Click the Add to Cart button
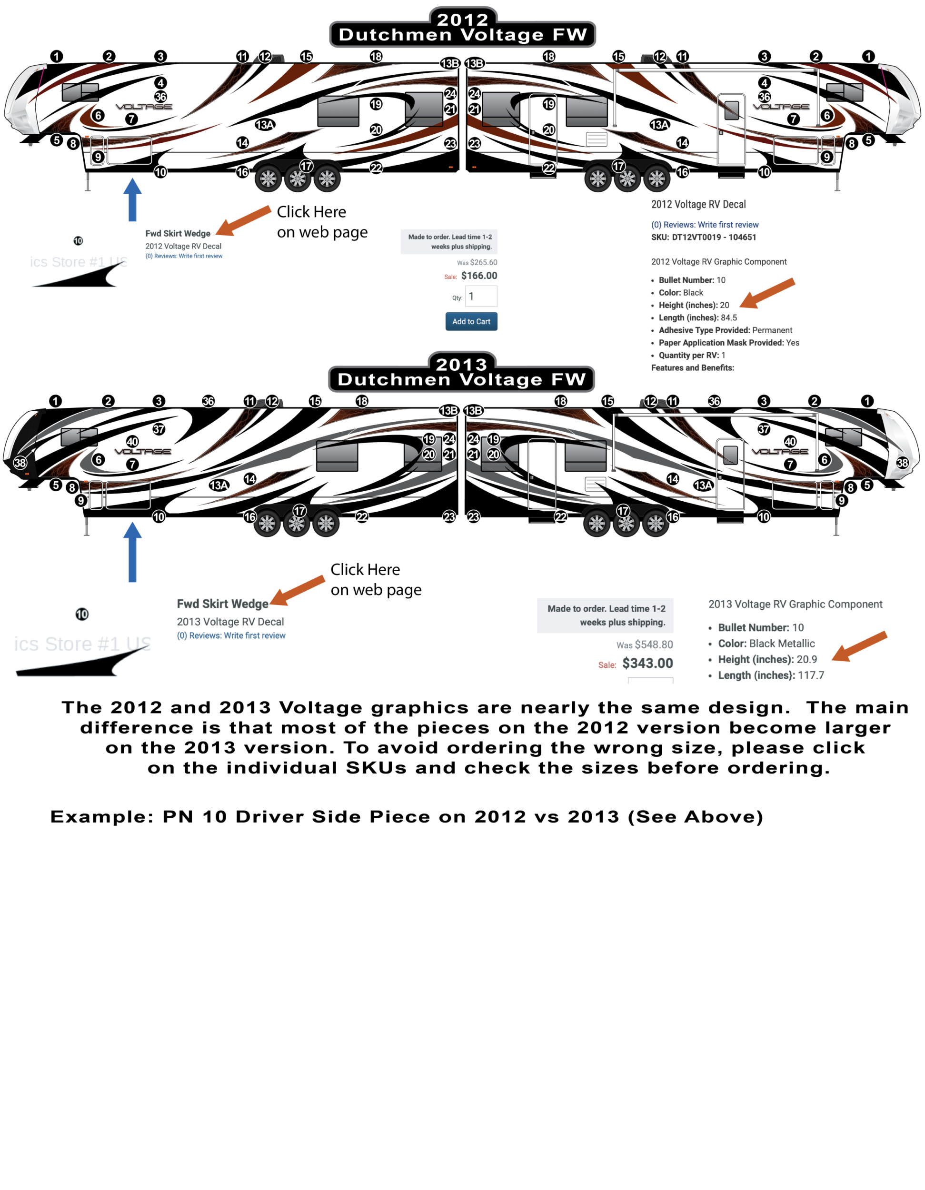click(471, 321)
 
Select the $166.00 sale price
click(478, 276)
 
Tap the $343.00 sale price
click(647, 663)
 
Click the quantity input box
click(481, 297)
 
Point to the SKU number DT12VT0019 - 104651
click(714, 237)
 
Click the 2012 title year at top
click(462, 20)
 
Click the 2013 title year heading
click(461, 364)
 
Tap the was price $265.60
click(483, 263)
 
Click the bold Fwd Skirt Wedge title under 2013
click(222, 604)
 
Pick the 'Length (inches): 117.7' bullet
click(770, 675)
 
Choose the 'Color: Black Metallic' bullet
click(766, 644)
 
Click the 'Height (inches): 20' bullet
click(693, 305)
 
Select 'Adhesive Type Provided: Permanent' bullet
click(725, 330)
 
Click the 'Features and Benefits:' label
click(692, 368)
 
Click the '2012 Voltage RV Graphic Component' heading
click(718, 261)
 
